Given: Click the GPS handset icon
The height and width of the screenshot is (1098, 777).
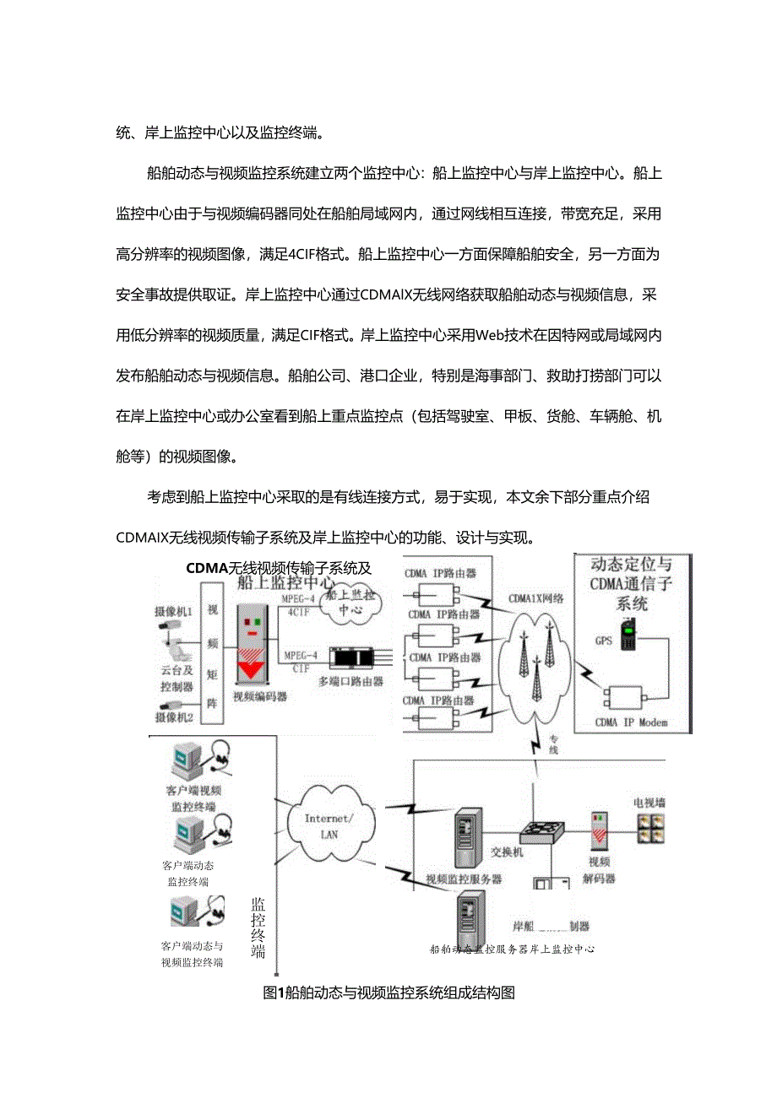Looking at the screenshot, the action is (x=628, y=636).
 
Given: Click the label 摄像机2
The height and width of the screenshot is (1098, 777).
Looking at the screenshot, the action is (x=174, y=717).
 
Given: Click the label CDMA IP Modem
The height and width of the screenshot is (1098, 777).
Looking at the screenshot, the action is (x=631, y=722).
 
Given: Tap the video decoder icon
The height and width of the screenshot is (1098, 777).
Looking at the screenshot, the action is (x=600, y=832).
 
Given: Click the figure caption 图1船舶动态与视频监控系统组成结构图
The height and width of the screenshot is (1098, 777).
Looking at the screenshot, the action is (x=389, y=993).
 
